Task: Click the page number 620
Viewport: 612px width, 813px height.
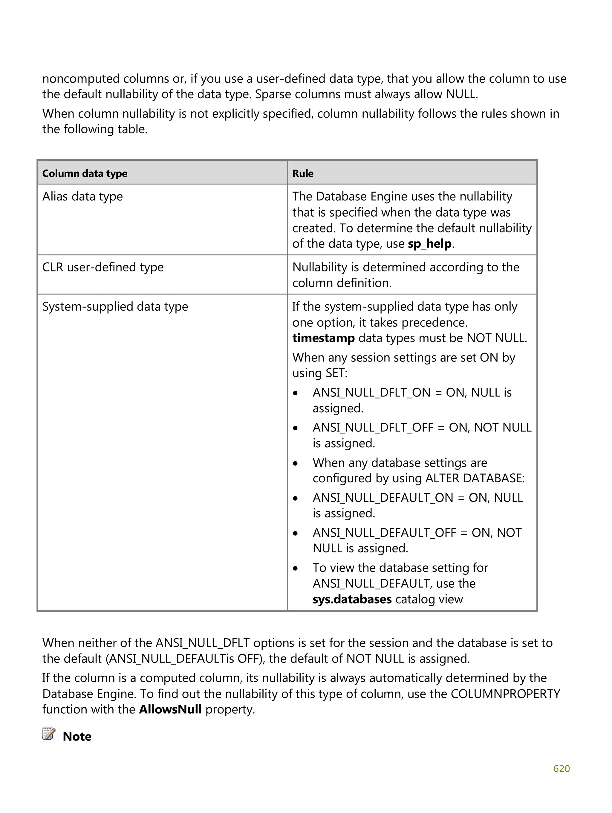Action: (561, 768)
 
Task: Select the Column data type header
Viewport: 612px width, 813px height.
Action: (85, 173)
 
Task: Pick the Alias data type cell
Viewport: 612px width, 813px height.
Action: (82, 196)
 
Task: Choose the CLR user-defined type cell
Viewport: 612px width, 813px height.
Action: (103, 267)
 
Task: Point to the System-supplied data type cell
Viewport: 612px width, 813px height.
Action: (115, 306)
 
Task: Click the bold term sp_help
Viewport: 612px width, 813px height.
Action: (429, 244)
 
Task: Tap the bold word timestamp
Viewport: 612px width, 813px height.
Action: (323, 338)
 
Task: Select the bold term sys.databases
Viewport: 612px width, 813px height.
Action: (352, 599)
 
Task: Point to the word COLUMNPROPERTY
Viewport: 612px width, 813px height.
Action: (505, 694)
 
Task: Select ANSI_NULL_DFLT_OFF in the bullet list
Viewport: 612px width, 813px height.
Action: (373, 428)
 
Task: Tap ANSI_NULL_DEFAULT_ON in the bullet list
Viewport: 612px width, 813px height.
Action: (382, 498)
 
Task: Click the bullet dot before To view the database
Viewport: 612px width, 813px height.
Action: (296, 568)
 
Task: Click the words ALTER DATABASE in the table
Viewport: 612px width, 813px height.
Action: (475, 478)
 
